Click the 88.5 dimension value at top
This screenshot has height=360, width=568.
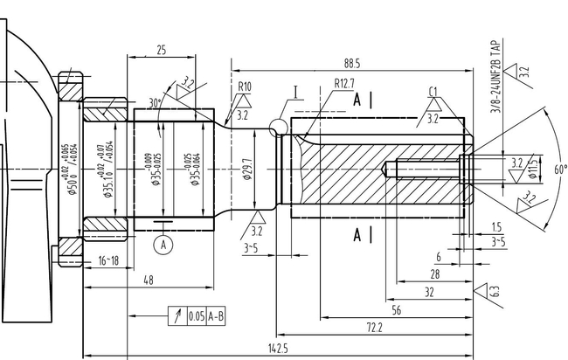[352, 64]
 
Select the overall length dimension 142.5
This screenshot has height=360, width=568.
[278, 349]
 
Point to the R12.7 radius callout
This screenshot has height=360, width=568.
[344, 84]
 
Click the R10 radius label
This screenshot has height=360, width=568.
[245, 87]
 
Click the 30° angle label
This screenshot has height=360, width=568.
[156, 102]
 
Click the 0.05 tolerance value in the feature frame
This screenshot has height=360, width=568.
[196, 316]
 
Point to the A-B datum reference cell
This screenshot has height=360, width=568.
[215, 316]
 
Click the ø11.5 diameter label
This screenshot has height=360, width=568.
[533, 168]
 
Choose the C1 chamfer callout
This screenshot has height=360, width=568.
[433, 92]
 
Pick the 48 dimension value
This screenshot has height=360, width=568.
[149, 280]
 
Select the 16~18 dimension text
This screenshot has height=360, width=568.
[108, 260]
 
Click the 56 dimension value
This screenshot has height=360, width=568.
[396, 310]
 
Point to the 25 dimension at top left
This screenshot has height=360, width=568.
[162, 51]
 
